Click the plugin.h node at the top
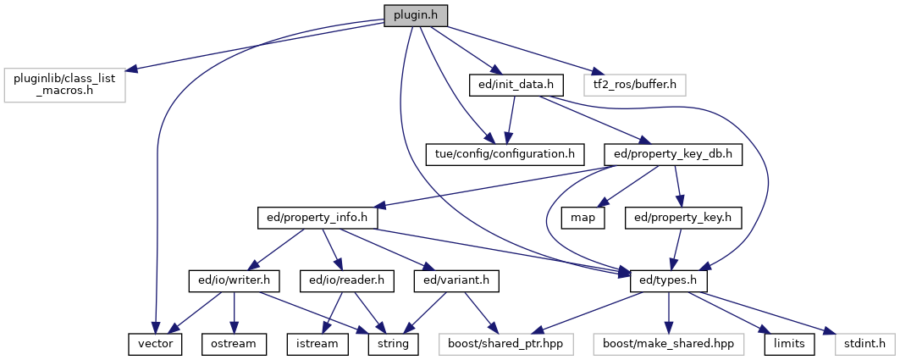[x=416, y=16]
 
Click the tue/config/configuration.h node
[x=505, y=155]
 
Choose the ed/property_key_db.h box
[x=673, y=155]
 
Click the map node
[x=581, y=218]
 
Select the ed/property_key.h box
[x=682, y=218]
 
